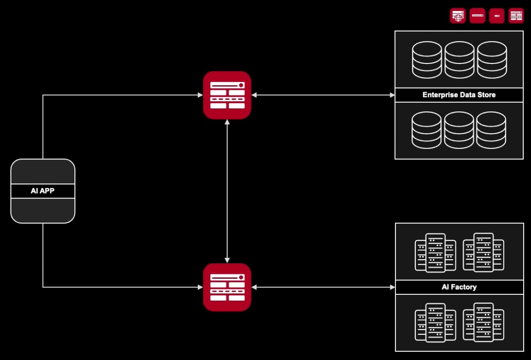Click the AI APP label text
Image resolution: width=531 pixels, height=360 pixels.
(42, 191)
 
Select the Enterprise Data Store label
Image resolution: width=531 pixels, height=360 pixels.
(459, 95)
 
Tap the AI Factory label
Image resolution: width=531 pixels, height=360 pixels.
(459, 287)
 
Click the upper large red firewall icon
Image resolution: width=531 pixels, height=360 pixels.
(227, 95)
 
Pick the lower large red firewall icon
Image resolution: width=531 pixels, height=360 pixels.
(227, 287)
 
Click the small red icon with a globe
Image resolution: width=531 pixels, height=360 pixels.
(457, 16)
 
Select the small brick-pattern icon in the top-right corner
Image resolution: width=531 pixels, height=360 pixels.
(516, 16)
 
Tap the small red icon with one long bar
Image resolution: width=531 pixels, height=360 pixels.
(477, 16)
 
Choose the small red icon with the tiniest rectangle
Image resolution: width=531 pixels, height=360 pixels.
(497, 16)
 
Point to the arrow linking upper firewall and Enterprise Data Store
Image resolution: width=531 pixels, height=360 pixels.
(323, 95)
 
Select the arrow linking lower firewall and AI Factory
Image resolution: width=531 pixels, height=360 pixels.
(323, 287)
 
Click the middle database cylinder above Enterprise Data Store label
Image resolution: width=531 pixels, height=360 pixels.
(459, 59)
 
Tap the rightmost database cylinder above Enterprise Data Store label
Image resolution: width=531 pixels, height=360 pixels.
(492, 59)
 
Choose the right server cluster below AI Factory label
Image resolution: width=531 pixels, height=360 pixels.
(483, 322)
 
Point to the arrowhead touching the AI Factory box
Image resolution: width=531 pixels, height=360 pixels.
(392, 287)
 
